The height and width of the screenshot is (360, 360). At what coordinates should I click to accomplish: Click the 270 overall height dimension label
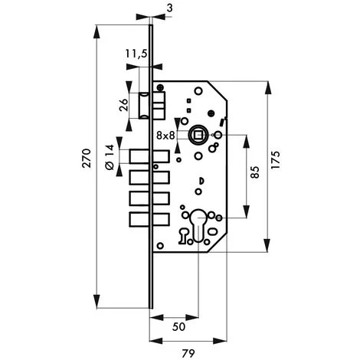click(x=87, y=158)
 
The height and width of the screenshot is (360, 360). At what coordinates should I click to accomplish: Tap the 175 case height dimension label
click(x=276, y=160)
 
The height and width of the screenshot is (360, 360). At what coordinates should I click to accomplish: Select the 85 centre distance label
click(x=255, y=172)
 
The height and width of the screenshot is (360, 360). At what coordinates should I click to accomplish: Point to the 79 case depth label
click(x=188, y=353)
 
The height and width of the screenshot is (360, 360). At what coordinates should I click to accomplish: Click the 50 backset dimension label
click(x=178, y=326)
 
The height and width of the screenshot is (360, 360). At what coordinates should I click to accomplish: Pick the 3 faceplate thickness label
click(x=169, y=8)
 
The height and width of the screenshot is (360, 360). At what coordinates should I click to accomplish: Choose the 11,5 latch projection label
click(x=136, y=54)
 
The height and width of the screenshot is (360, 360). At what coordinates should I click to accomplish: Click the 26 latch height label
click(x=124, y=105)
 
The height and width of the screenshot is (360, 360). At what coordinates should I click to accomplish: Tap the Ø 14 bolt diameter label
click(x=110, y=157)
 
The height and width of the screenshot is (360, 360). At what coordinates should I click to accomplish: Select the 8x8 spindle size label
click(x=165, y=136)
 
